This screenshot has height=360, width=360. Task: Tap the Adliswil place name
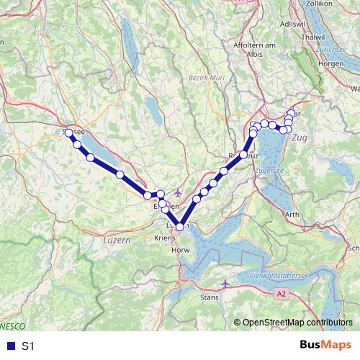pyautogui.click(x=289, y=24)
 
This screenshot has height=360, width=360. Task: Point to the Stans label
pyautogui.click(x=209, y=296)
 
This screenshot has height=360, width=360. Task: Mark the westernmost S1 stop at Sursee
pyautogui.click(x=69, y=132)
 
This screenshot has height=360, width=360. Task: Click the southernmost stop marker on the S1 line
pyautogui.click(x=179, y=228)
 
